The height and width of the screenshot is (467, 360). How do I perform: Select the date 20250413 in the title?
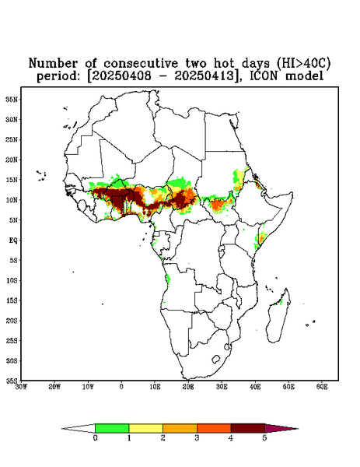click(204, 76)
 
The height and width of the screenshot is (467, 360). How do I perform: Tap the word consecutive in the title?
click(141, 64)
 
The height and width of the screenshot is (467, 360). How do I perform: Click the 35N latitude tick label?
click(12, 99)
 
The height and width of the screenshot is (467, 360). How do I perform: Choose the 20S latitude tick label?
click(12, 321)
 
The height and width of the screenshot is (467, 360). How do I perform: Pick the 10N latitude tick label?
click(12, 200)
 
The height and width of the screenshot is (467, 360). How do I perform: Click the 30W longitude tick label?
click(21, 387)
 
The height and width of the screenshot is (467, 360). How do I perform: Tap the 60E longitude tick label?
click(322, 387)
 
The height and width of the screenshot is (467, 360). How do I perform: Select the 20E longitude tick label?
click(188, 387)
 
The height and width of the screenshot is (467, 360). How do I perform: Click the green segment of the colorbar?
click(112, 428)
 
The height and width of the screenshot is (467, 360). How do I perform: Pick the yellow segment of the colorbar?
click(145, 428)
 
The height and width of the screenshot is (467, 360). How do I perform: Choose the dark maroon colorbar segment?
click(248, 428)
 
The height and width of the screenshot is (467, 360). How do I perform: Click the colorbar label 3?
click(197, 438)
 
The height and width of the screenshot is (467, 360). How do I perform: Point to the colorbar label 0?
click(95, 438)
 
